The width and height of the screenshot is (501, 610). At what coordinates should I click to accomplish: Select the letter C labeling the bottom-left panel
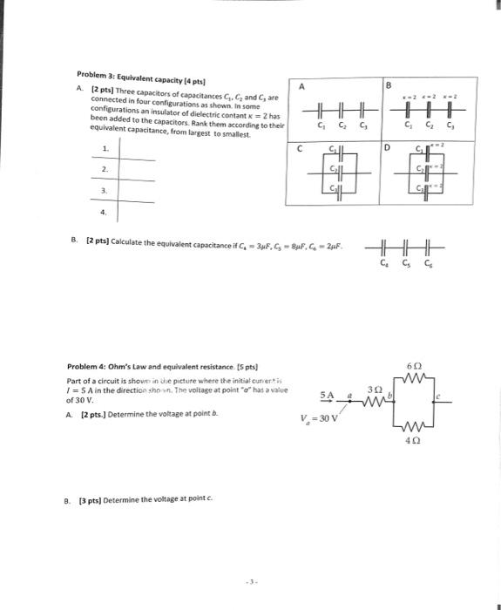(301, 148)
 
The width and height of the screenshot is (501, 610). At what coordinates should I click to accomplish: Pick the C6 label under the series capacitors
(428, 263)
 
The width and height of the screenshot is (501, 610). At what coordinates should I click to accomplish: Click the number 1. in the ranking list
(104, 148)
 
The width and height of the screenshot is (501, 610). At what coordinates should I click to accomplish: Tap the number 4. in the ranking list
(104, 210)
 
